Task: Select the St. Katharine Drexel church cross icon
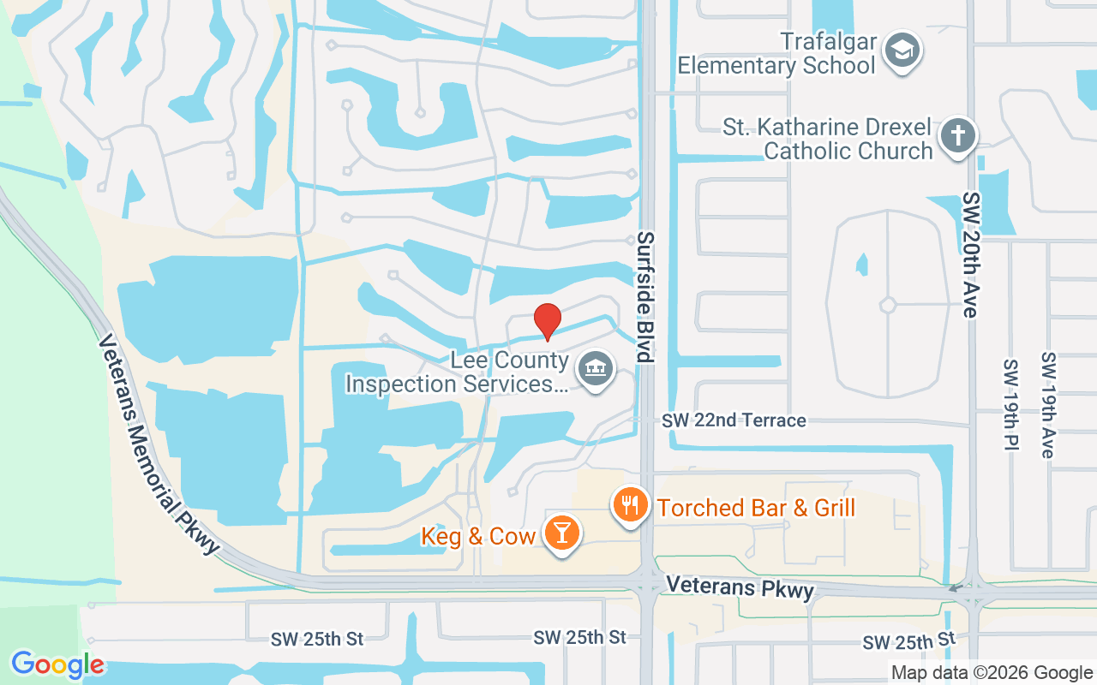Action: click(x=957, y=135)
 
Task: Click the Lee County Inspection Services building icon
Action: click(x=592, y=370)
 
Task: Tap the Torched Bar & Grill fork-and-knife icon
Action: click(x=631, y=504)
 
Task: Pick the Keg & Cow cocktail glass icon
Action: click(x=562, y=533)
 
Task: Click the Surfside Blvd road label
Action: click(x=645, y=297)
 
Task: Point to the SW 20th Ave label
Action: click(x=970, y=255)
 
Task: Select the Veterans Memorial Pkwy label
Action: click(x=159, y=444)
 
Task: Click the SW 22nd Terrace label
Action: click(x=734, y=420)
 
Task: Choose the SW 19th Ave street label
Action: click(x=1047, y=404)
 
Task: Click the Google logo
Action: click(x=57, y=664)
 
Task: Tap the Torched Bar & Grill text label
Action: click(x=757, y=508)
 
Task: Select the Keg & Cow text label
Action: click(x=478, y=537)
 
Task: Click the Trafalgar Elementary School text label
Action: click(x=776, y=53)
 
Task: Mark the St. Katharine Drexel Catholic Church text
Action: click(x=828, y=140)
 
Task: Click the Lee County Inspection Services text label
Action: click(x=458, y=372)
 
